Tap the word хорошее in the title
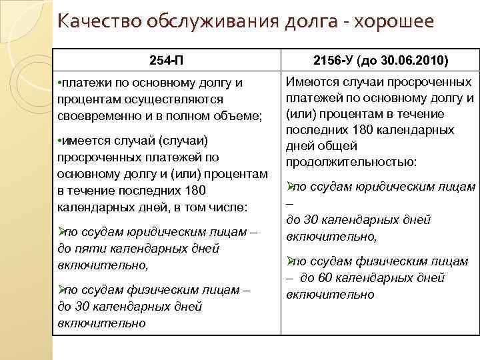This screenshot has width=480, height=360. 395,22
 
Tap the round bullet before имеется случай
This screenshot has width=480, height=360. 61,141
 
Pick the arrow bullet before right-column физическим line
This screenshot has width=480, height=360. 290,262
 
